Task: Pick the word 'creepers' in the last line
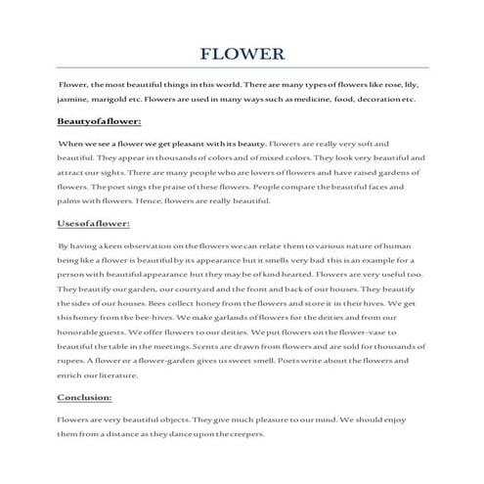point(242,433)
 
